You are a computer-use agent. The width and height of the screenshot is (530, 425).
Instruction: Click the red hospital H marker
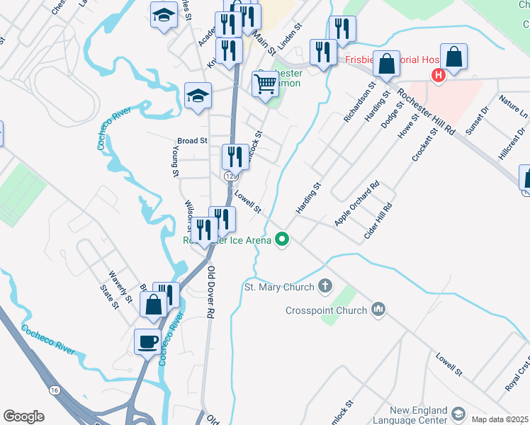pyautogui.click(x=439, y=75)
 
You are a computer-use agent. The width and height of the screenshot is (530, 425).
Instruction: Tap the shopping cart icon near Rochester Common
pyautogui.click(x=266, y=84)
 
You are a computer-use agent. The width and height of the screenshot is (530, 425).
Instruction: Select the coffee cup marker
pyautogui.click(x=147, y=342)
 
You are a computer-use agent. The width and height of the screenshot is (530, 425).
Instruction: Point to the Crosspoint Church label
pyautogui.click(x=326, y=310)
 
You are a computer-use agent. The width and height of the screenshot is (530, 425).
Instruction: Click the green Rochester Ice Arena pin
pyautogui.click(x=282, y=239)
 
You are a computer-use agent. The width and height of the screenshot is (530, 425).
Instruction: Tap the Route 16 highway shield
pyautogui.click(x=54, y=390)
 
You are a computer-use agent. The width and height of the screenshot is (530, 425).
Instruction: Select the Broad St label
pyautogui.click(x=192, y=141)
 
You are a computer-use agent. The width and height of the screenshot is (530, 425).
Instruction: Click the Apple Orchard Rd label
pyautogui.click(x=356, y=204)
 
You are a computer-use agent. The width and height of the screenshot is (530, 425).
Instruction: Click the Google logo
pyautogui.click(x=23, y=416)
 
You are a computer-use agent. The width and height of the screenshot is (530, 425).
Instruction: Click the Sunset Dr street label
pyautogui.click(x=476, y=120)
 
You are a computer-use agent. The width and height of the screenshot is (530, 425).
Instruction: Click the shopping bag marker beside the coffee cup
pyautogui.click(x=154, y=305)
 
